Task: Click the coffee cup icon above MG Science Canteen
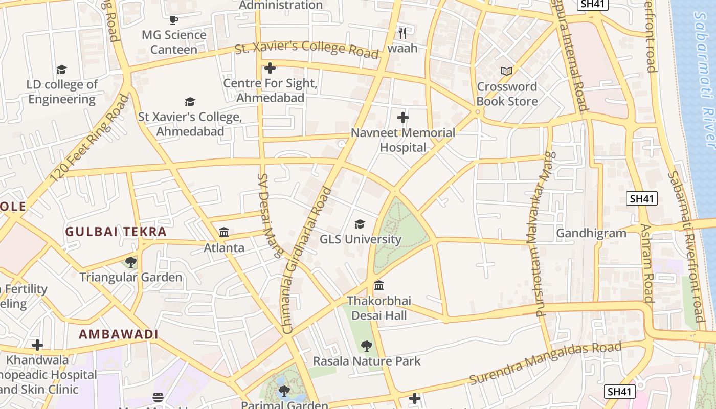pos(174,20)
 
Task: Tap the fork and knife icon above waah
pos(402,33)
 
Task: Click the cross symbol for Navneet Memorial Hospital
pos(403,118)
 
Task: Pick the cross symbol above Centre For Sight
pos(270,68)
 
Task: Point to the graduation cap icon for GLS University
pos(360,224)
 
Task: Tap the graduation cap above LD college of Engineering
pos(61,70)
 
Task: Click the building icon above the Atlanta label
pos(224,233)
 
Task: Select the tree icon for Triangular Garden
pos(131,262)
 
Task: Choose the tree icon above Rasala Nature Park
pos(366,346)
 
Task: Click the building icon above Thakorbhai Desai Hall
pos(378,285)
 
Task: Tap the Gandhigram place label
pos(591,234)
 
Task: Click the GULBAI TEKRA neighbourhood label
pos(116,232)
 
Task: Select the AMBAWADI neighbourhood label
pos(118,334)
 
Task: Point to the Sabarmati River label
pos(705,77)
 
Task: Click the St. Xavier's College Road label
pos(307,48)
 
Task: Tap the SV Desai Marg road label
pos(269,215)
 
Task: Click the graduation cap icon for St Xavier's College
pos(190,102)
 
